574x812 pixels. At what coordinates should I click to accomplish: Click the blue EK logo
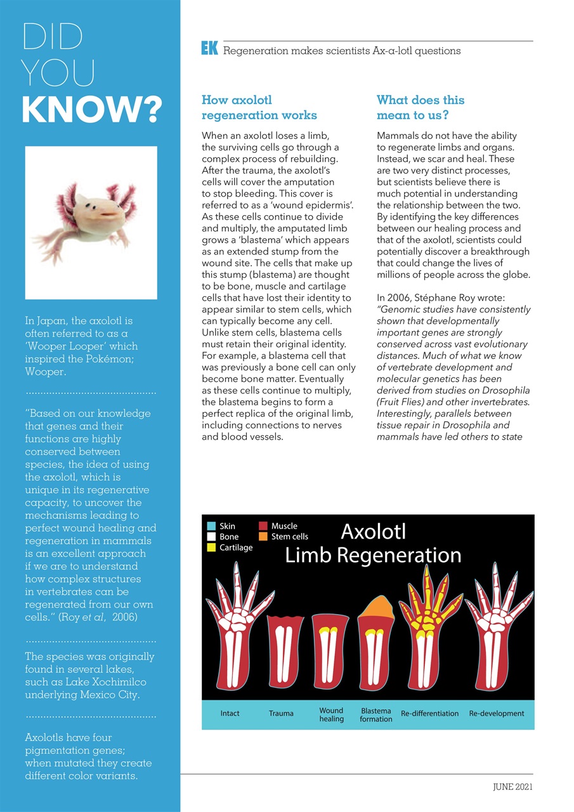click(209, 48)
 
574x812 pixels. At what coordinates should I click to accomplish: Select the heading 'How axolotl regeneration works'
click(259, 107)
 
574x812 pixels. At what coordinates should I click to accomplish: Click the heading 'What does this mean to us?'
click(420, 107)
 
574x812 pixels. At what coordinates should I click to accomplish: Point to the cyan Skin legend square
click(211, 526)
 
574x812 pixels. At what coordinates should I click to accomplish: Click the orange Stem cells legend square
click(263, 537)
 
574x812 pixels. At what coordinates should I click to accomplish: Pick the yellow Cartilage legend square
click(211, 547)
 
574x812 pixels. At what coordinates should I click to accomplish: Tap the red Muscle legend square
click(263, 526)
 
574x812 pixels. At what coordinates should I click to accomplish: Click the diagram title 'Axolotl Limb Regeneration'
click(373, 543)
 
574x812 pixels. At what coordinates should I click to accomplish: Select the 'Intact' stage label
click(230, 714)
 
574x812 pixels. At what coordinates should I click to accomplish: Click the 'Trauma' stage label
click(281, 714)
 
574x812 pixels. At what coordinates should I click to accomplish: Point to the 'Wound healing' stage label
click(331, 715)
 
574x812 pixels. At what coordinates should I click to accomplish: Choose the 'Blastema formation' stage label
click(375, 715)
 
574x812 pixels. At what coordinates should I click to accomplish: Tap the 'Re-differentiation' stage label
click(429, 714)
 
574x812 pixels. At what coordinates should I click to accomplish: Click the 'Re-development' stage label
click(497, 714)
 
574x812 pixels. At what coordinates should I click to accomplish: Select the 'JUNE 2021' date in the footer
click(512, 787)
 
